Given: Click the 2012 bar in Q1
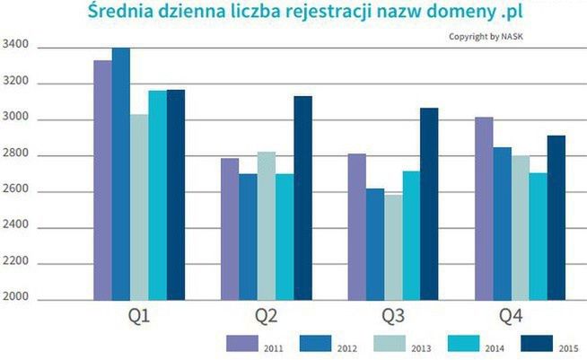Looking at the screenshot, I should [120, 174].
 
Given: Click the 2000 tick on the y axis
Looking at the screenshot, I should [17, 300].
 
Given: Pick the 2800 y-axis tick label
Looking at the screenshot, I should [17, 155].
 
